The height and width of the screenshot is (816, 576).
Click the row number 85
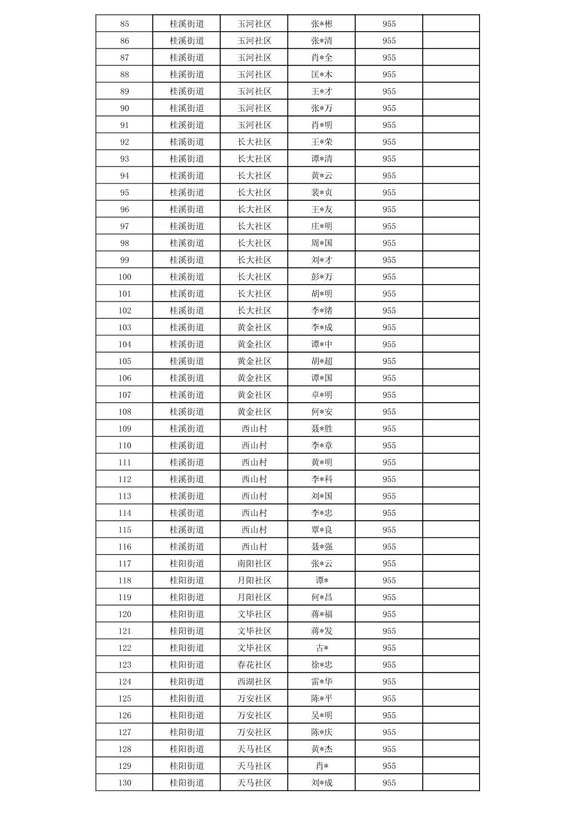pyautogui.click(x=124, y=24)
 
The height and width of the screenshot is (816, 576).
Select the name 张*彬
pyautogui.click(x=322, y=24)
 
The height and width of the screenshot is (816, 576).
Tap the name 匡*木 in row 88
pyautogui.click(x=322, y=74)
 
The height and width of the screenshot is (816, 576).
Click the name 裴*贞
pyautogui.click(x=322, y=192)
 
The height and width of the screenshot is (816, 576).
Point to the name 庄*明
pyautogui.click(x=322, y=226)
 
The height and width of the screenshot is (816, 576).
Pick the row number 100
pyautogui.click(x=124, y=276)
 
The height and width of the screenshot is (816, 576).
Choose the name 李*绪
pyautogui.click(x=322, y=310)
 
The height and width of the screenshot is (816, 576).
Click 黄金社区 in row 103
pyautogui.click(x=254, y=327)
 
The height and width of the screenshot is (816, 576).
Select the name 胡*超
pyautogui.click(x=322, y=361)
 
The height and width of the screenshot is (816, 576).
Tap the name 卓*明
pyautogui.click(x=322, y=395)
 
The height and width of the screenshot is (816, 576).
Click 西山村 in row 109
pyautogui.click(x=254, y=428)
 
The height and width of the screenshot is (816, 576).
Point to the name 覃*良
pyautogui.click(x=322, y=530)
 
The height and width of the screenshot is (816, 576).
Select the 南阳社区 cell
pyautogui.click(x=254, y=564)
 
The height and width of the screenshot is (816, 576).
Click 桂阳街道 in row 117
pyautogui.click(x=187, y=564)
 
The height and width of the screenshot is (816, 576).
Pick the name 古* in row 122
pyautogui.click(x=322, y=648)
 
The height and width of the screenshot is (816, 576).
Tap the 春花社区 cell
pyautogui.click(x=254, y=665)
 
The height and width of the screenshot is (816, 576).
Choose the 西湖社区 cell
pyautogui.click(x=254, y=681)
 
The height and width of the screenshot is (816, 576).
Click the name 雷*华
pyautogui.click(x=322, y=681)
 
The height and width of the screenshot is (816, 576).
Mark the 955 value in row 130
pyautogui.click(x=389, y=783)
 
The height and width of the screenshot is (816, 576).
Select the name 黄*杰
pyautogui.click(x=322, y=749)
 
